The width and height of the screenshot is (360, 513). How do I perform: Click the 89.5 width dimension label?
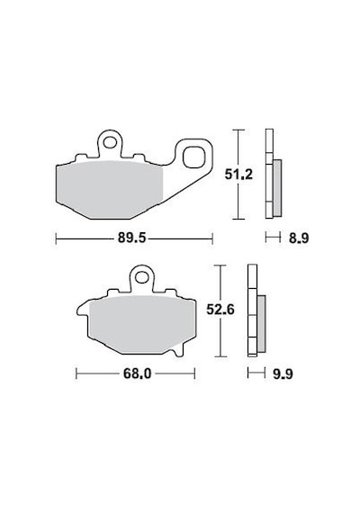(x=131, y=238)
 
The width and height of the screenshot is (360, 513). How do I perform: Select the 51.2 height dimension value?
(x=238, y=175)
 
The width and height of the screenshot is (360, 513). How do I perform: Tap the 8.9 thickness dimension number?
(x=299, y=238)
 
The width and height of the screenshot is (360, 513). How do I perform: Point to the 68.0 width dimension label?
(x=137, y=373)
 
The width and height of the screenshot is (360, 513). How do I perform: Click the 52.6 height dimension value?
(x=220, y=310)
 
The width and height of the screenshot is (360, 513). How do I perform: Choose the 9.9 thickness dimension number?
(x=283, y=373)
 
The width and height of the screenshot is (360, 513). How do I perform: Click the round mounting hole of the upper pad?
(x=110, y=142)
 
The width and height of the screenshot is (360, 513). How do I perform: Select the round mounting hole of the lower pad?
(x=141, y=278)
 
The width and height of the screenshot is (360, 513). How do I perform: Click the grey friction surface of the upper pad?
(x=110, y=190)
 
